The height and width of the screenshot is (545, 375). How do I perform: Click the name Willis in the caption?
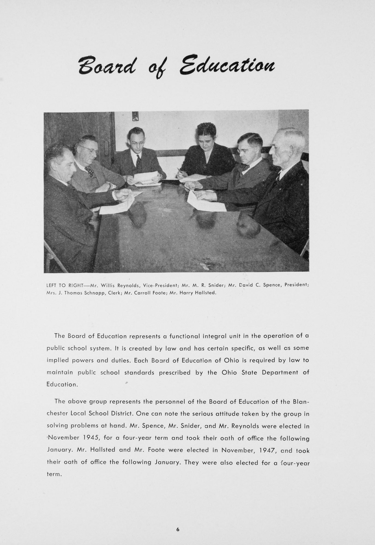click(108, 286)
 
